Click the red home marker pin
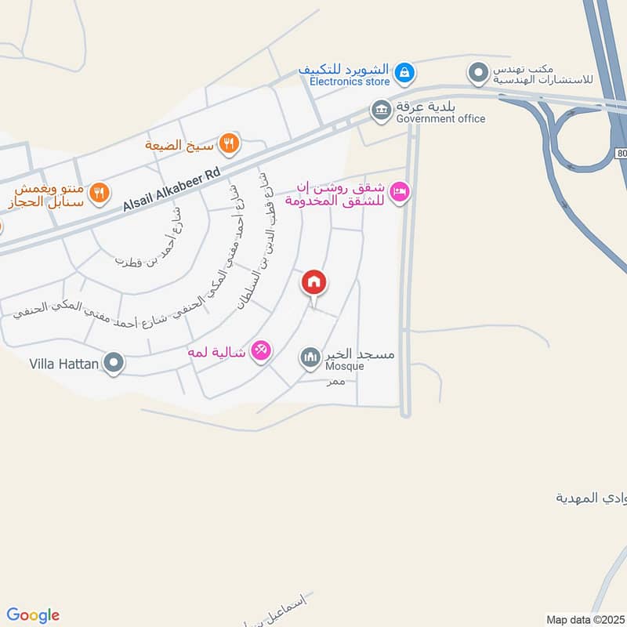click(x=314, y=283)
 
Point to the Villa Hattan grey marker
click(x=114, y=363)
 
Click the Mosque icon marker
click(x=310, y=358)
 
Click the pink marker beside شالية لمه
click(x=261, y=352)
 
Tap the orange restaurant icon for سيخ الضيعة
click(x=229, y=143)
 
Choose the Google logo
click(x=32, y=615)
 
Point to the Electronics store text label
click(x=349, y=81)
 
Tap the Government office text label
click(x=440, y=119)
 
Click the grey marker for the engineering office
click(x=477, y=74)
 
